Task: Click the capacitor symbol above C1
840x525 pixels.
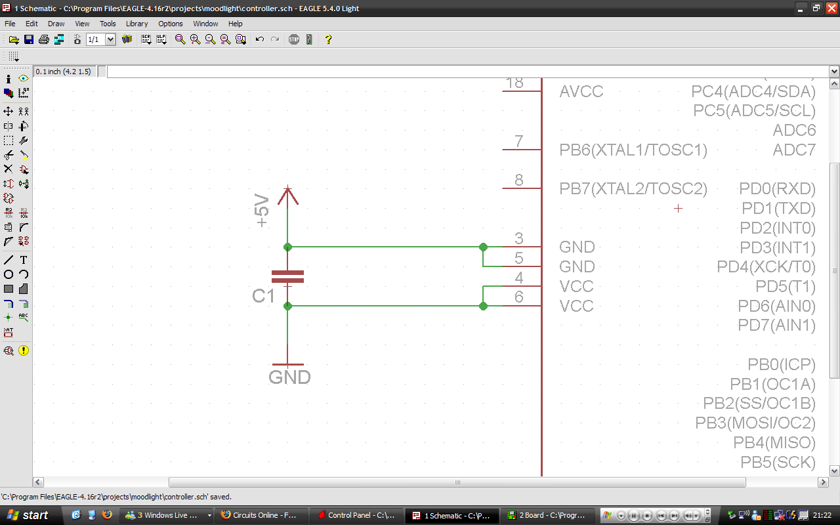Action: coord(287,277)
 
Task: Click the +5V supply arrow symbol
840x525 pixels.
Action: coord(287,195)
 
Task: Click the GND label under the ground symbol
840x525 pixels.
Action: coord(289,377)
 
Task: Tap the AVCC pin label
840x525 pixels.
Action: coord(581,91)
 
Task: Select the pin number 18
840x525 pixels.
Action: coord(514,83)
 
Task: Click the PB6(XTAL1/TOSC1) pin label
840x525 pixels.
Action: coord(633,150)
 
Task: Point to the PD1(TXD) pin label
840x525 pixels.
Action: coord(778,209)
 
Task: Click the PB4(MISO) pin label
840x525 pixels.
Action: coord(774,443)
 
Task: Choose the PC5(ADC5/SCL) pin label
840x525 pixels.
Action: coord(754,111)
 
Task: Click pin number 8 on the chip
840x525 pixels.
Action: coord(518,180)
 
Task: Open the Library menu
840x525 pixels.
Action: coord(136,24)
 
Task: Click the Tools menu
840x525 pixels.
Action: coord(108,24)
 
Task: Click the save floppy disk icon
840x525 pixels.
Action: coord(29,39)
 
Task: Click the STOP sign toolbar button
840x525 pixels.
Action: coord(293,39)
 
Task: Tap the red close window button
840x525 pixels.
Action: coord(831,9)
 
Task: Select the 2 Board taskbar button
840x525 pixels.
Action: coord(547,515)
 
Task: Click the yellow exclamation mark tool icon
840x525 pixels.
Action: coord(24,350)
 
